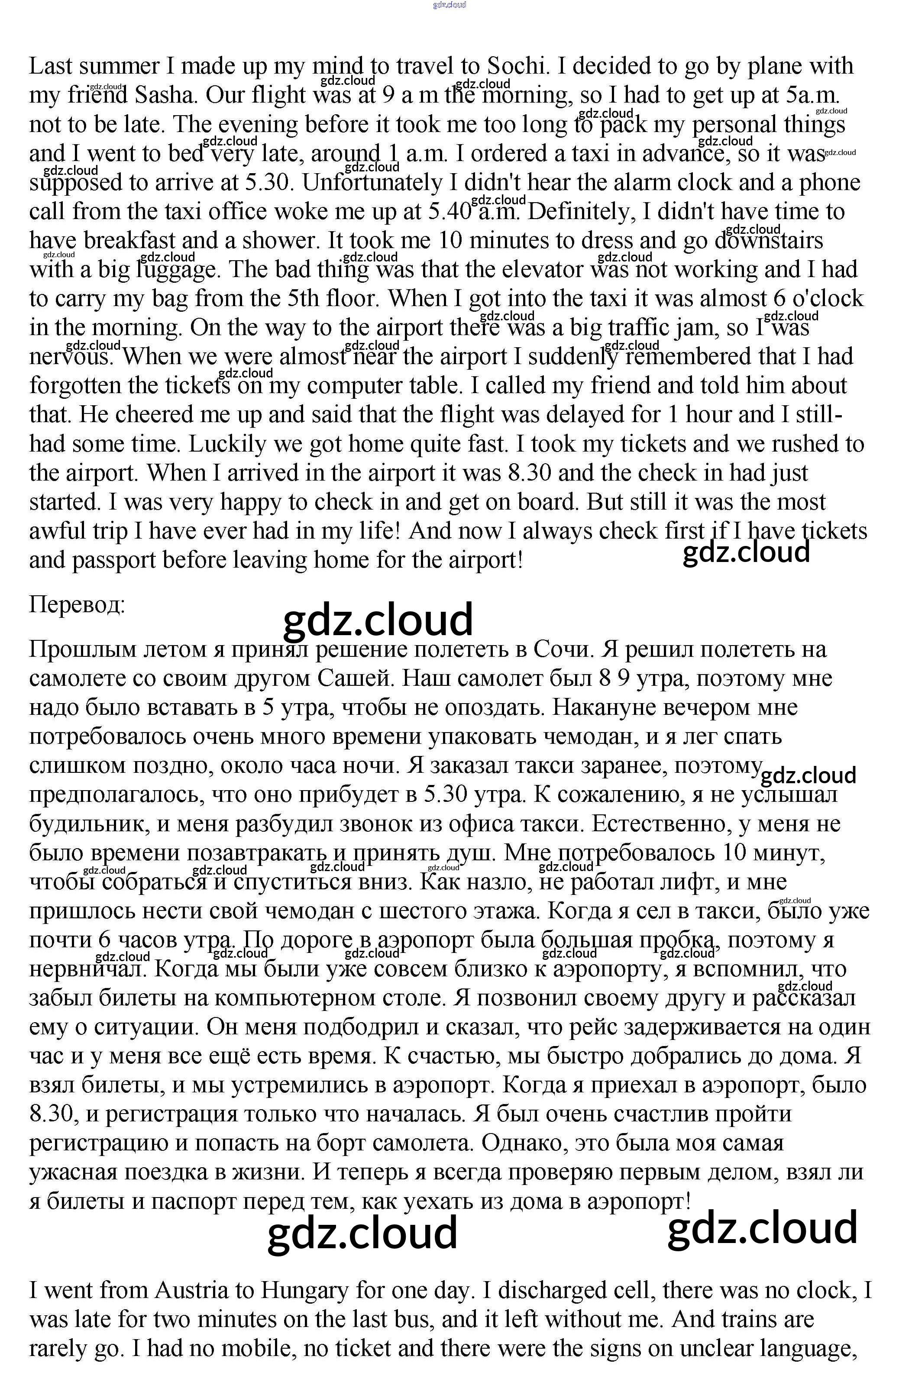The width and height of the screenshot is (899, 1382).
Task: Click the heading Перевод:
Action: [x=77, y=605]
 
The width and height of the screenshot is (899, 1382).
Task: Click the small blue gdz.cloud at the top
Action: [x=449, y=5]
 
